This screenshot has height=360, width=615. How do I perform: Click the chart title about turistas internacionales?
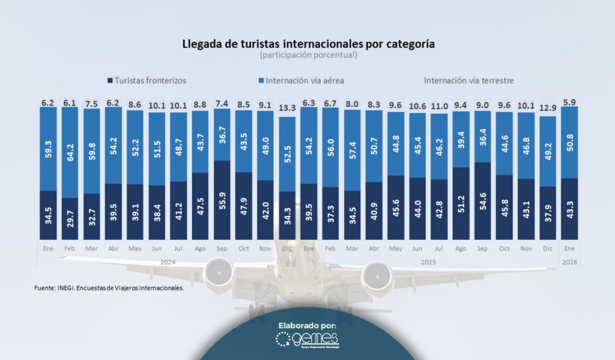308,44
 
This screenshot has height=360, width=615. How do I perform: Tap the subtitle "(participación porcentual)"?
308,55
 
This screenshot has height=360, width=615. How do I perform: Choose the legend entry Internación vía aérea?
300,80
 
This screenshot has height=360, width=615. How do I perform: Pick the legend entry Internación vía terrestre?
468,80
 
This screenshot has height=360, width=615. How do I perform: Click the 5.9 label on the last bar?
570,102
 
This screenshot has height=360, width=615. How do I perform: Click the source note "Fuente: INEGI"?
109,288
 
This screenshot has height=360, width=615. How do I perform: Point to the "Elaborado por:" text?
307,325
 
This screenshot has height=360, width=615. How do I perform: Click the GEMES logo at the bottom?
307,341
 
